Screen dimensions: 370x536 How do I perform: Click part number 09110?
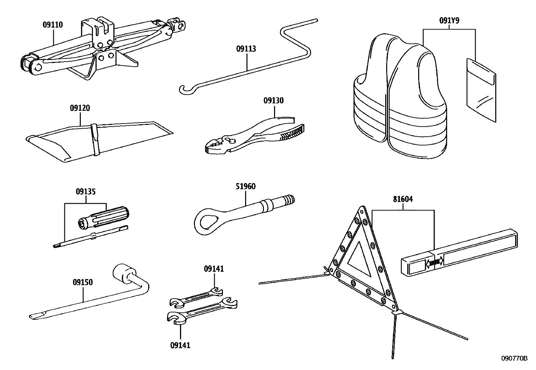click(53, 25)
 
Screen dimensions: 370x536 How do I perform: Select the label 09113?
click(246, 49)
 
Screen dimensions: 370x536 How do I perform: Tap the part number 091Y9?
click(449, 21)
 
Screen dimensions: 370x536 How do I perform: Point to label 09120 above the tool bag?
click(80, 108)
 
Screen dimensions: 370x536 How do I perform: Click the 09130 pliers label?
click(273, 101)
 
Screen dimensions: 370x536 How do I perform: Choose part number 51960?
click(245, 187)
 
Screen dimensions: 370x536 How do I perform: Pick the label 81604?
click(403, 199)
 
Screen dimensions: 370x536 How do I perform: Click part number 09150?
click(83, 282)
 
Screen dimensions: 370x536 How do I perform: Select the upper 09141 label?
click(214, 269)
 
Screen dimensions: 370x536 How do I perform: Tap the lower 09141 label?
click(180, 345)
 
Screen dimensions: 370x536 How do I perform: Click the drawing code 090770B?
click(515, 359)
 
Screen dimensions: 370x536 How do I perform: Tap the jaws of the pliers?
click(215, 146)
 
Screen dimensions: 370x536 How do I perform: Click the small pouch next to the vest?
click(481, 89)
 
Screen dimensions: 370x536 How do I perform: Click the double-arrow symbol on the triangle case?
click(435, 262)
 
